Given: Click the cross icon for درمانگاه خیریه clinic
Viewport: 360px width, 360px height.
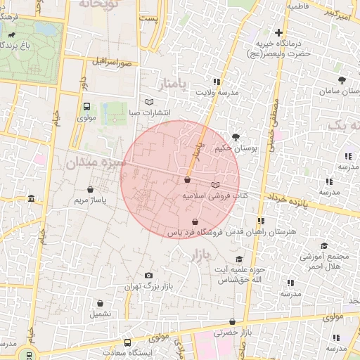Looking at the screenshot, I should click(x=279, y=32).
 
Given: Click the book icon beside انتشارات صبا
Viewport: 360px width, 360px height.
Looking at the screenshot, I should click(x=148, y=102).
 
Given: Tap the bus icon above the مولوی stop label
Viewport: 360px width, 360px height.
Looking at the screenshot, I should click(x=86, y=107).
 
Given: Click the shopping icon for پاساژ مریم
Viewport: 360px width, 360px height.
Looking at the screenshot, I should click(x=90, y=189).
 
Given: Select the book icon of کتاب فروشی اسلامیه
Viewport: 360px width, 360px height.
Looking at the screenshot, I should click(x=215, y=185).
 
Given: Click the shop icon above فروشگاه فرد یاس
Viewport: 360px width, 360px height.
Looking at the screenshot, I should click(x=194, y=221).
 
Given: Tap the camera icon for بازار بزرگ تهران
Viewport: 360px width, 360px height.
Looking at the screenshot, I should click(x=148, y=276).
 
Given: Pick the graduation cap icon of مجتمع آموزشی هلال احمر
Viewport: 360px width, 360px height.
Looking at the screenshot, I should click(x=324, y=245).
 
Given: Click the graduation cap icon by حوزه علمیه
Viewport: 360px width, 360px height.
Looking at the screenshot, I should click(x=239, y=259).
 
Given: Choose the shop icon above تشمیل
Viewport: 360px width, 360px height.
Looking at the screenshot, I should click(x=100, y=303).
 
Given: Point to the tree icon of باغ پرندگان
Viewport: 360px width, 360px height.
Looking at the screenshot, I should click(x=13, y=34).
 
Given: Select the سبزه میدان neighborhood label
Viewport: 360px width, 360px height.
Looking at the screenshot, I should click(x=96, y=162).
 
